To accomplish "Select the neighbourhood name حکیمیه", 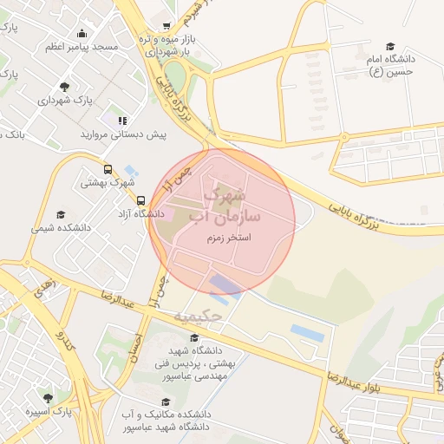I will (x=199, y=316).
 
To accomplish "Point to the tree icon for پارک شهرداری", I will (x=65, y=86).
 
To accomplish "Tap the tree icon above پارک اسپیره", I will (x=48, y=397).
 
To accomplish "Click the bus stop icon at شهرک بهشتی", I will (x=108, y=170).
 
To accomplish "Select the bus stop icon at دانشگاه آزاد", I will (x=117, y=200).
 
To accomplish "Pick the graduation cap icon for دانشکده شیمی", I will (x=61, y=214).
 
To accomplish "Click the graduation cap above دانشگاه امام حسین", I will (x=390, y=46).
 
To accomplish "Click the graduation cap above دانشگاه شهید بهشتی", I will (x=193, y=338).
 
